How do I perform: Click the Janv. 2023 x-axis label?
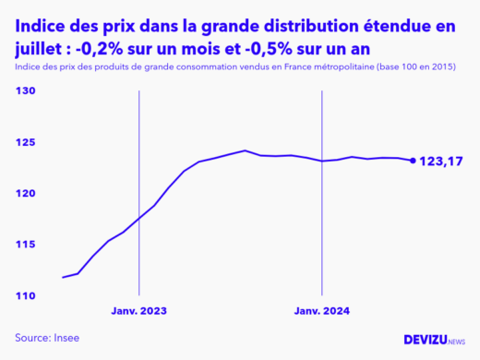click(138, 311)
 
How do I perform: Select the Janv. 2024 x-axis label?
click(321, 311)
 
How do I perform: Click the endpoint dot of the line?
click(413, 161)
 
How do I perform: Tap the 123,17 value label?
click(440, 162)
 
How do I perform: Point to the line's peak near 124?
click(245, 150)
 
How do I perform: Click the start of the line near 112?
click(63, 277)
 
